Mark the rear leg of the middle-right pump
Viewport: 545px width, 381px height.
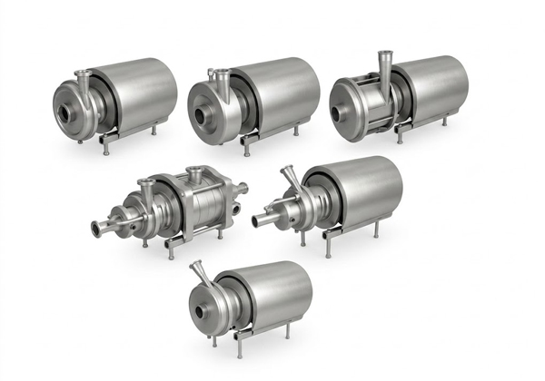click(x=377, y=230)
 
